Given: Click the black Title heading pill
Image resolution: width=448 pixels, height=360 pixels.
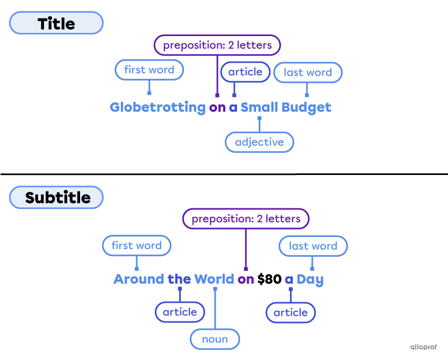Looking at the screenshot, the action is pyautogui.click(x=56, y=23).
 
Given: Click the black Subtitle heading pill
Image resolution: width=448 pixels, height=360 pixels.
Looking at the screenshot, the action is pyautogui.click(x=56, y=197).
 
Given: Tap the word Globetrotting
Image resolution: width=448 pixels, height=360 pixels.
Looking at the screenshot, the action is pyautogui.click(x=157, y=108).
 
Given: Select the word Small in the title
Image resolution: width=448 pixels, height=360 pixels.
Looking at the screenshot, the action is pyautogui.click(x=259, y=107).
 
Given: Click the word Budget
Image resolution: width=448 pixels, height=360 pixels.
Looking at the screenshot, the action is pyautogui.click(x=306, y=108).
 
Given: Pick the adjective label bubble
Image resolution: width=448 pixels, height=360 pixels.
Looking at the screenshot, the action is pyautogui.click(x=259, y=142).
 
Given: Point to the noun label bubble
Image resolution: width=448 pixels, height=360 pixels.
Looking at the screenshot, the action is pyautogui.click(x=215, y=339).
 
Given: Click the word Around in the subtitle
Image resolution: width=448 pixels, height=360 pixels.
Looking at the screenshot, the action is pyautogui.click(x=139, y=279).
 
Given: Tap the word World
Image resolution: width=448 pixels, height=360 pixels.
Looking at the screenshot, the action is pyautogui.click(x=214, y=279).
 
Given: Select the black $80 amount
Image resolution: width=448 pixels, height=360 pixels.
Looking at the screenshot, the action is pyautogui.click(x=269, y=279).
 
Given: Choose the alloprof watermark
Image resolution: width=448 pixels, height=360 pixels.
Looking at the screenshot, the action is pyautogui.click(x=424, y=347).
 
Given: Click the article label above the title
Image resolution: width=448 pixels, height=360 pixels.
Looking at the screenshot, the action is pyautogui.click(x=245, y=72).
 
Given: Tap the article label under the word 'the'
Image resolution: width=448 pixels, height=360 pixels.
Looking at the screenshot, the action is pyautogui.click(x=180, y=312).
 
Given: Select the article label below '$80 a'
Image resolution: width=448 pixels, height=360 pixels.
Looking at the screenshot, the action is pyautogui.click(x=291, y=313).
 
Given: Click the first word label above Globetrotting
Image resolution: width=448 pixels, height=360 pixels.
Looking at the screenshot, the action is pyautogui.click(x=149, y=69).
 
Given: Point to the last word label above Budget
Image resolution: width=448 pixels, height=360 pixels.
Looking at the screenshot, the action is pyautogui.click(x=308, y=72).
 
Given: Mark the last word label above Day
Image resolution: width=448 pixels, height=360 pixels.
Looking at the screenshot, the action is pyautogui.click(x=313, y=246).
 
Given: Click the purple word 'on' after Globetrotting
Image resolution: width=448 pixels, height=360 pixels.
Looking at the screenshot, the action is pyautogui.click(x=217, y=108).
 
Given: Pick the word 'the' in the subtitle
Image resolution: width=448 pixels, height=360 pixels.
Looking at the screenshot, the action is pyautogui.click(x=179, y=279).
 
